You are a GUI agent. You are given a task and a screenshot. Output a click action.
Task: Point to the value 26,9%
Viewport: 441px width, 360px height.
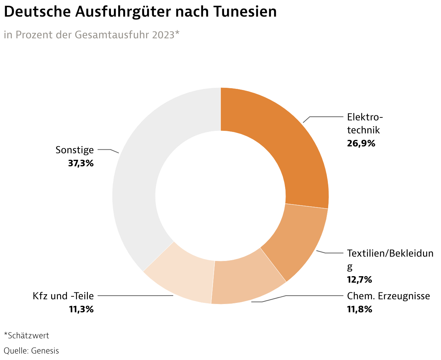click(361, 143)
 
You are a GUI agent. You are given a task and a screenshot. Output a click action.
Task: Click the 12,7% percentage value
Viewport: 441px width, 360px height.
click(360, 279)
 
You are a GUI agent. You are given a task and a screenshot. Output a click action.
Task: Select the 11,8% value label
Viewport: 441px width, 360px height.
click(360, 309)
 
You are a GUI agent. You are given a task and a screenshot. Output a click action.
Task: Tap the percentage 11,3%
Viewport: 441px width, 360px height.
click(81, 309)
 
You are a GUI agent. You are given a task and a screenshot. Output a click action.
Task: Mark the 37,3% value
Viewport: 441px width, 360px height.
click(81, 163)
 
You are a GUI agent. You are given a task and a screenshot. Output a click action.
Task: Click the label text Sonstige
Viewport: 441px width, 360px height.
click(74, 150)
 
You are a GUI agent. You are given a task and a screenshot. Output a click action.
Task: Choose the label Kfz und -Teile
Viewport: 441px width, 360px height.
click(63, 296)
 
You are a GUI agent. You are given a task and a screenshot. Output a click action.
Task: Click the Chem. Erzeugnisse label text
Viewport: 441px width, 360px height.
click(389, 296)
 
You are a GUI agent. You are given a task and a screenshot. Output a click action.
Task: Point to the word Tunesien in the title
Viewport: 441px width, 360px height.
click(244, 12)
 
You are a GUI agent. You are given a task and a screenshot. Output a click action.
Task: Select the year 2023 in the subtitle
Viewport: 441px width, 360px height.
click(163, 35)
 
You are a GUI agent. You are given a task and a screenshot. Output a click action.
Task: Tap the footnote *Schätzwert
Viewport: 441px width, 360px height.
click(26, 335)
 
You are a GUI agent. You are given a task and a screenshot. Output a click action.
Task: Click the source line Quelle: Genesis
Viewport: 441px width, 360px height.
click(31, 351)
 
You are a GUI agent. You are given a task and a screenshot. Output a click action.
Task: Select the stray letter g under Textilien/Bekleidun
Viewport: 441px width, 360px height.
click(350, 267)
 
